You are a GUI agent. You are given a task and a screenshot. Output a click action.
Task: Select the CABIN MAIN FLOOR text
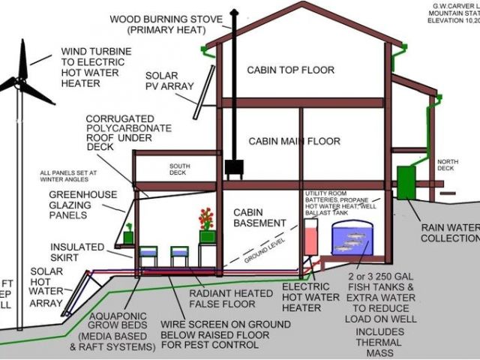pyautogui.click(x=294, y=141)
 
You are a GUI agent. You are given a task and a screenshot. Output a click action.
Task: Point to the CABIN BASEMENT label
pyautogui.click(x=259, y=217)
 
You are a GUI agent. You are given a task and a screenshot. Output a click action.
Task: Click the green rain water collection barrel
pyautogui.click(x=406, y=182)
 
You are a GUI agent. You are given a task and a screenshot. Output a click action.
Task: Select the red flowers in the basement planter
pyautogui.click(x=206, y=218)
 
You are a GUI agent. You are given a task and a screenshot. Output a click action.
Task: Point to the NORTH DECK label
pyautogui.click(x=448, y=165)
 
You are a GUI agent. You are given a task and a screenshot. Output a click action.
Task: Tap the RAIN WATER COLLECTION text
pyautogui.click(x=449, y=233)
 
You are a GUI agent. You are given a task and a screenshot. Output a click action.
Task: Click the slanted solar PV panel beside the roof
pyautogui.click(x=202, y=92)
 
